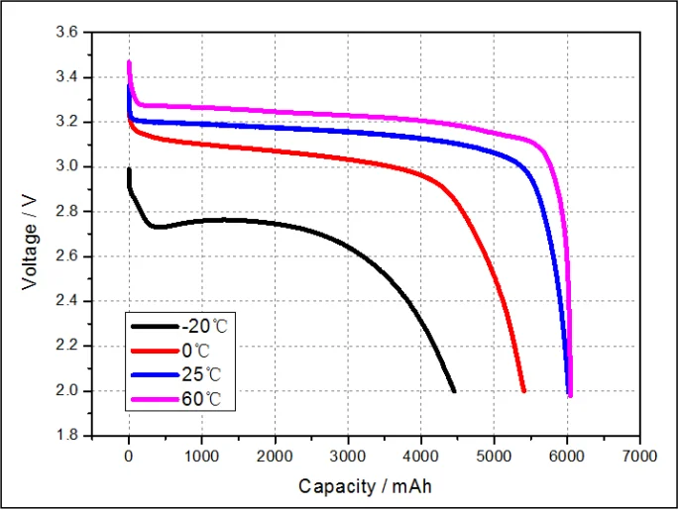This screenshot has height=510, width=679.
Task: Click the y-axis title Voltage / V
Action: (x=29, y=233)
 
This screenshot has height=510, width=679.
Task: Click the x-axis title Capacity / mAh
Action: (x=365, y=487)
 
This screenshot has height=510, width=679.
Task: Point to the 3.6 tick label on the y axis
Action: (x=67, y=33)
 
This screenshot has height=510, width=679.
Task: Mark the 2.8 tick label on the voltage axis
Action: (x=67, y=212)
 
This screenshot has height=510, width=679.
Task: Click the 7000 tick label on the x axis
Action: (x=640, y=457)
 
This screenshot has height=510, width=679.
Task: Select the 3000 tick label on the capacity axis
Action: (x=348, y=457)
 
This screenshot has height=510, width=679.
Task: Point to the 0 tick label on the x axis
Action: (x=129, y=457)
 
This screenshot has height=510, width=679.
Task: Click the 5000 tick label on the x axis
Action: (x=494, y=457)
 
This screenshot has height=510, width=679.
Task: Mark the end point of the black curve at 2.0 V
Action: (x=454, y=391)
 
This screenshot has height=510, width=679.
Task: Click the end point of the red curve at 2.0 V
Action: (x=523, y=391)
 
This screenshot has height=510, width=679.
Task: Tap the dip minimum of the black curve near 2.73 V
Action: (x=157, y=228)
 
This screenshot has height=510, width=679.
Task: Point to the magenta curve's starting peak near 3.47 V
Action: (x=129, y=62)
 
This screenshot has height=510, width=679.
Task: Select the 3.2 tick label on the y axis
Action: (x=67, y=122)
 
